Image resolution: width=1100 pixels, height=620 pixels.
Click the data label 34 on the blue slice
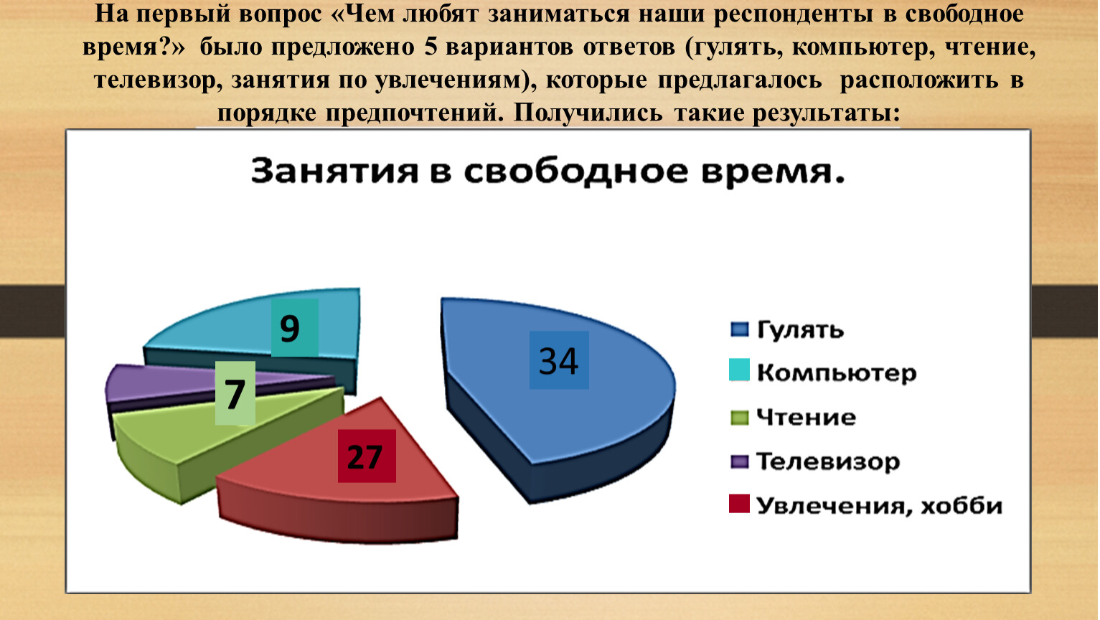[x=559, y=360]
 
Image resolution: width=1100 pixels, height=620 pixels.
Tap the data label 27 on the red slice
[x=367, y=456]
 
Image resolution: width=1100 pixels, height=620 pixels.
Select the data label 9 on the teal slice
[x=295, y=328]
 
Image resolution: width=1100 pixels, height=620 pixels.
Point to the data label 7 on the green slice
[x=235, y=393]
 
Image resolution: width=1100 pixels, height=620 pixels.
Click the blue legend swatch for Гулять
[x=740, y=329]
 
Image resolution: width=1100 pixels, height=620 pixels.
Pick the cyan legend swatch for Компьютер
[x=740, y=370]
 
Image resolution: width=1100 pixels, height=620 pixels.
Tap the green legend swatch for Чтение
[x=740, y=418]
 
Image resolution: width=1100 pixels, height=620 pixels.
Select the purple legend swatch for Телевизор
[x=740, y=461]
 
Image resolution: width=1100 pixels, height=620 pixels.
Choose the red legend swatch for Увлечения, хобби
[x=740, y=504]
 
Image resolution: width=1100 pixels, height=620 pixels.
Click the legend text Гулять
[x=801, y=329]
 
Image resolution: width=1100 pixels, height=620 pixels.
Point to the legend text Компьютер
[x=837, y=373]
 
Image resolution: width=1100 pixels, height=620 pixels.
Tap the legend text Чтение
[x=807, y=418]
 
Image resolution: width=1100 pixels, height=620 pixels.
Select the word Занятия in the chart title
[x=334, y=171]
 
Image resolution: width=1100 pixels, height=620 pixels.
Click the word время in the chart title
[x=773, y=172]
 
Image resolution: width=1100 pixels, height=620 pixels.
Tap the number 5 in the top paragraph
[x=431, y=47]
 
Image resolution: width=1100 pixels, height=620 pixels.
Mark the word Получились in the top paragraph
[x=588, y=113]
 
